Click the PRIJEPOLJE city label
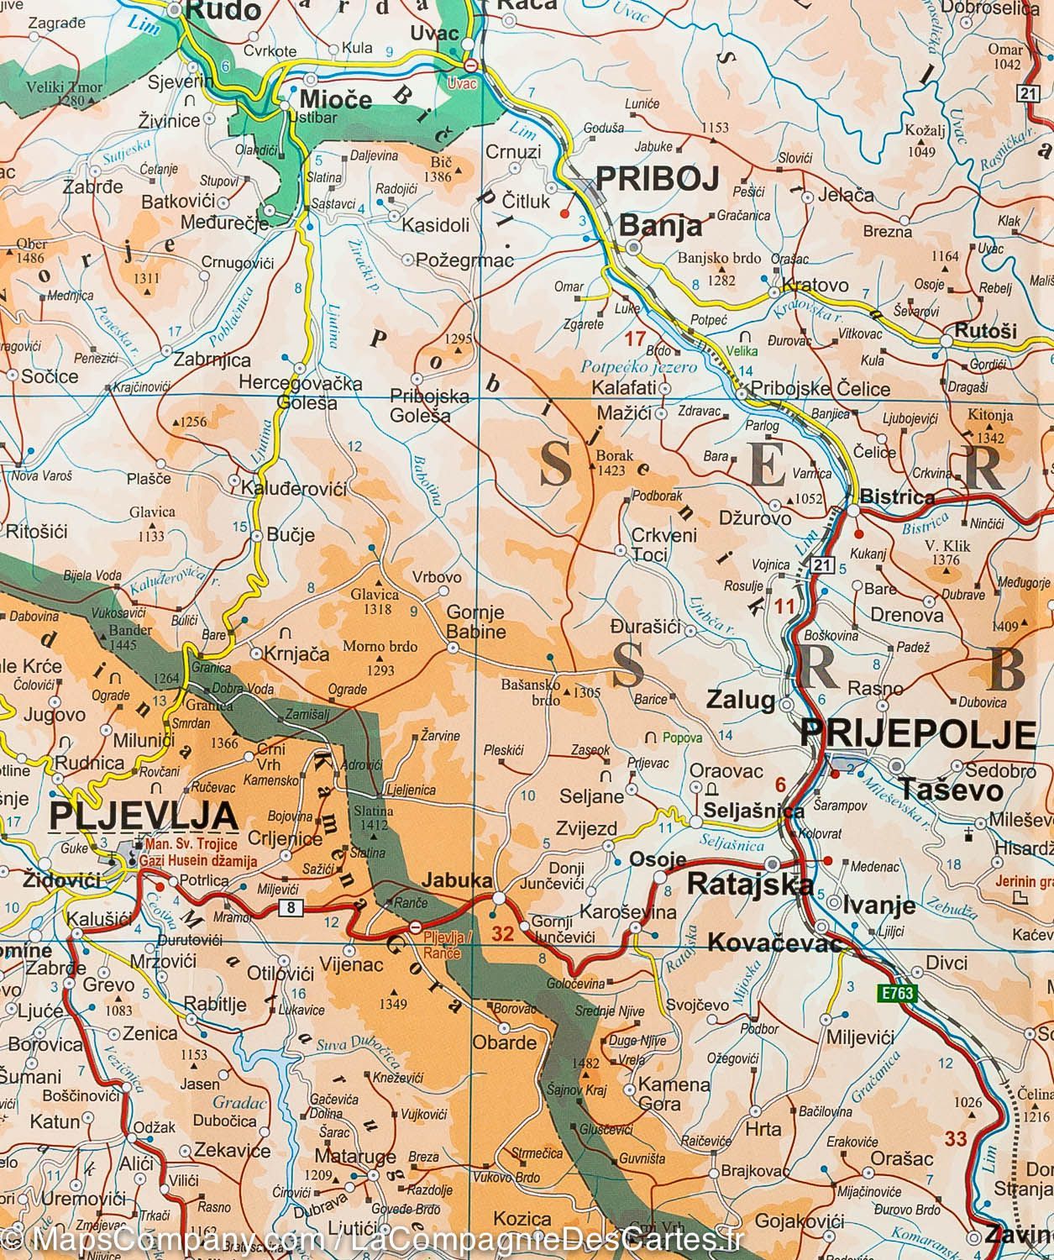[x=916, y=733]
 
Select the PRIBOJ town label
[x=658, y=179]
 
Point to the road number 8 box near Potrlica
[x=291, y=907]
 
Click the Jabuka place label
[x=458, y=881]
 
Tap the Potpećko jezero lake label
[x=639, y=367]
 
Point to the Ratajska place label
[x=750, y=884]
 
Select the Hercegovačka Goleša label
[x=300, y=393]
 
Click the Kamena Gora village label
[x=674, y=1094]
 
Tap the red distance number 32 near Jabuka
[x=503, y=932]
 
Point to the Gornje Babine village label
[x=476, y=622]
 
